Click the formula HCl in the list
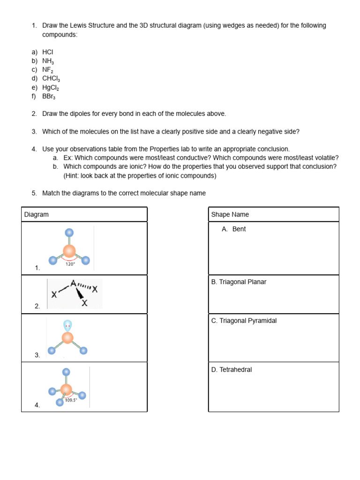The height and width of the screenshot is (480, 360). point(48,52)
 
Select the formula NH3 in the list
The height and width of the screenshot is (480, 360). point(48,61)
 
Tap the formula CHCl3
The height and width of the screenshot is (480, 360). point(51,79)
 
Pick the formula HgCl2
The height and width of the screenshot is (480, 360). point(51,88)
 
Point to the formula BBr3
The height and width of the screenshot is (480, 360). point(49,97)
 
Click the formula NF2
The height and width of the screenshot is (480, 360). point(48,70)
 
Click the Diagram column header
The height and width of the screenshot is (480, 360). point(37,215)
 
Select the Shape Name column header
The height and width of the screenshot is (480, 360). point(230,215)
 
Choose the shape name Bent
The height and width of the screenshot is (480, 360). point(239,229)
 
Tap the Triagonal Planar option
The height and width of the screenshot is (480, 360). point(239,282)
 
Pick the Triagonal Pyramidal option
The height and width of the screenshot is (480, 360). point(244,321)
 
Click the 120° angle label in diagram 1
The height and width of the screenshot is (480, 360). point(70,264)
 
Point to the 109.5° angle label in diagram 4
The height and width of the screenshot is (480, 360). point(70,400)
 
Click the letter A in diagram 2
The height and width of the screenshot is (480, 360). point(73,284)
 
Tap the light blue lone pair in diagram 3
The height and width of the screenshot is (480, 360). point(68,325)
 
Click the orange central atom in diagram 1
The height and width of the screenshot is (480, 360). point(69,251)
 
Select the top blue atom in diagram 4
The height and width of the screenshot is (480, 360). point(67,372)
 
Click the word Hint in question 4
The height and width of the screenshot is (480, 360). point(74,176)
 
